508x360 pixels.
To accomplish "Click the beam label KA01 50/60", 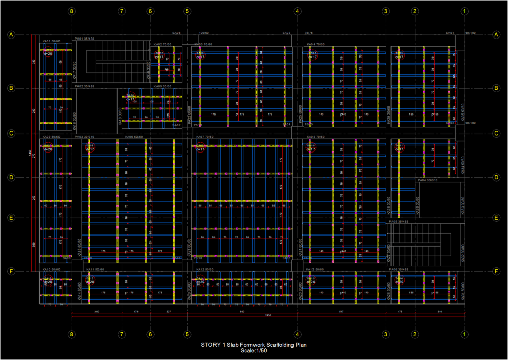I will [51, 41].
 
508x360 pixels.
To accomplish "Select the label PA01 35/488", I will [84, 38].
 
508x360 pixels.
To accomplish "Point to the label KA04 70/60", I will [316, 44].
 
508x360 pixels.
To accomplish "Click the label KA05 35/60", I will [162, 86].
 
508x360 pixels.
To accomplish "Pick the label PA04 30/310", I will [427, 180].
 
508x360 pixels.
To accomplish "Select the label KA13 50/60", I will [315, 269].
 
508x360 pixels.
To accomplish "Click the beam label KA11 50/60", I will [96, 269].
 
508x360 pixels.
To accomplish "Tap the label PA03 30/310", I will [84, 137].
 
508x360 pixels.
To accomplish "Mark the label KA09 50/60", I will [51, 137].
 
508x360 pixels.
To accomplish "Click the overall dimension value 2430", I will [268, 315].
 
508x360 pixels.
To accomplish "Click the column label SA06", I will [177, 33].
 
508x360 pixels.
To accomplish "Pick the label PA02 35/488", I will [84, 86].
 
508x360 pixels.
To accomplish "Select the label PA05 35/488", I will [398, 222].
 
